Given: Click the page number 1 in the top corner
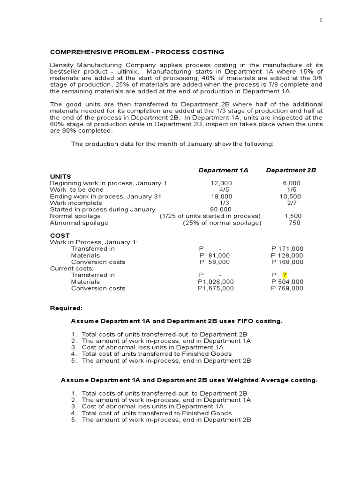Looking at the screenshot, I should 320,21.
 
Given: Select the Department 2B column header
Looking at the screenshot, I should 291,170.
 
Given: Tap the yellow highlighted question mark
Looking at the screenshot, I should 284,275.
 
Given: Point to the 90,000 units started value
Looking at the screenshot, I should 222,210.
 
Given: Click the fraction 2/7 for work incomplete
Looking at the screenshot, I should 292,203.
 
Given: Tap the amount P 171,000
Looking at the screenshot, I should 287,249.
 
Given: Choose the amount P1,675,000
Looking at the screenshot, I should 216,288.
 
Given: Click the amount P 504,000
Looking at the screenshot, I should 287,282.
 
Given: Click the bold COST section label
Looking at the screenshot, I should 60,235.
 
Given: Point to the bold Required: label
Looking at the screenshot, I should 66,308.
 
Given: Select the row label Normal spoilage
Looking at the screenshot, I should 75,216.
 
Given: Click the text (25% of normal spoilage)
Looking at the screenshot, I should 222,223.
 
